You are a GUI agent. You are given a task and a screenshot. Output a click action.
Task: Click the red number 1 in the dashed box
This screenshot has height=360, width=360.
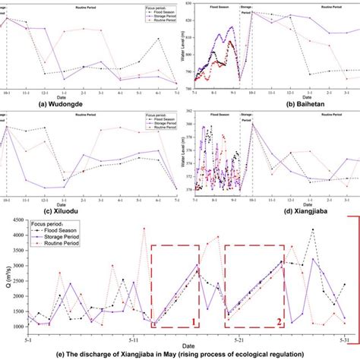pos(194,322)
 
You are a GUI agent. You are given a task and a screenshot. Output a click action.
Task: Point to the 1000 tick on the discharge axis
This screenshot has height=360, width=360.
pos(16,326)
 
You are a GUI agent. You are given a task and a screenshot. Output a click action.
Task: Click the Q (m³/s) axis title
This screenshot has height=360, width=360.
pos(5,276)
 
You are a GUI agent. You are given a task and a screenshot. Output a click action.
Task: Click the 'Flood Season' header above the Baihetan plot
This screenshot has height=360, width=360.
pos(217,5)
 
